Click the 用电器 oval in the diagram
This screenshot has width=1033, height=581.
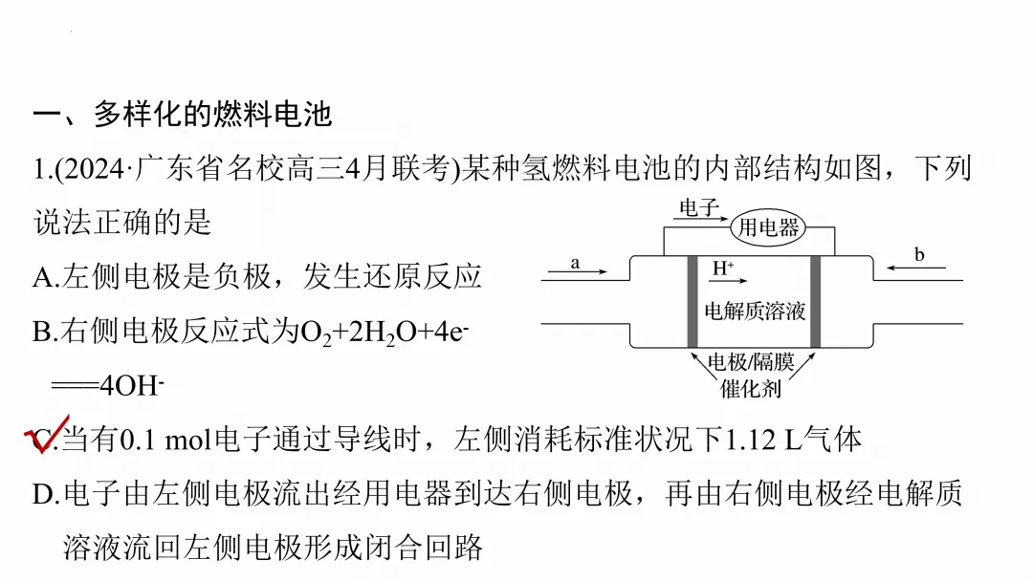point(767,227)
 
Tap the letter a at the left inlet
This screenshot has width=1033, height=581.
point(576,262)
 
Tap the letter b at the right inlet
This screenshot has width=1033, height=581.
point(919,255)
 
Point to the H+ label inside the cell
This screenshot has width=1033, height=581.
point(723,269)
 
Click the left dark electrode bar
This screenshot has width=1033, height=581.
point(692,302)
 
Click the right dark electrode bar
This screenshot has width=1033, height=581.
point(816,302)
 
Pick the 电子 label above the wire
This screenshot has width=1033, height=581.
point(698,206)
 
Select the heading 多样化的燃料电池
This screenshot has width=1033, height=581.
point(212,116)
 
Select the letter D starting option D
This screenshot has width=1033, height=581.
point(44,494)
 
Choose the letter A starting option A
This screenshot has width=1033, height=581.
point(44,277)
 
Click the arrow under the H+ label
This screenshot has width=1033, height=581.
point(741,282)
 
